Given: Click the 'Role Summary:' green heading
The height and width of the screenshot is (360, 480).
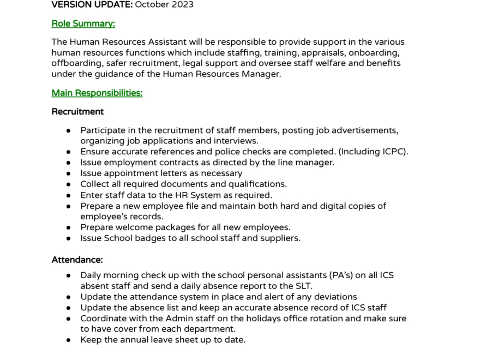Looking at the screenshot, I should tap(83, 23).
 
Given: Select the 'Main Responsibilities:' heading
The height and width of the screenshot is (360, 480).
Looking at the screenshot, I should tap(97, 93).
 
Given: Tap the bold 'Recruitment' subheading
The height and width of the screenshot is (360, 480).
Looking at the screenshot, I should tap(77, 111).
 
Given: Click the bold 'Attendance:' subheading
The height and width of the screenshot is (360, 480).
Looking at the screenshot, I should tap(77, 260).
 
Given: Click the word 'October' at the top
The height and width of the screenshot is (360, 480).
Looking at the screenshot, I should tap(151, 5).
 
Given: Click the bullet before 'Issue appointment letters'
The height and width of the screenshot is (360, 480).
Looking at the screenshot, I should tap(69, 173).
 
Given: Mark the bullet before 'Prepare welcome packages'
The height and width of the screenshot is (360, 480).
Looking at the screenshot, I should tap(69, 227).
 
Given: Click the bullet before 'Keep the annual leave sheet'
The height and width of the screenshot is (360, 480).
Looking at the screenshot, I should tap(69, 340).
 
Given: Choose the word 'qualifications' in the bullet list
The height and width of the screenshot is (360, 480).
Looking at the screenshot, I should tap(256, 184).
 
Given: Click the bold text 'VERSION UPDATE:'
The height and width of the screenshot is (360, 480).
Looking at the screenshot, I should tap(92, 5).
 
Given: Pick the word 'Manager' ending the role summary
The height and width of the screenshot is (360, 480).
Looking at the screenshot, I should tap(263, 74).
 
